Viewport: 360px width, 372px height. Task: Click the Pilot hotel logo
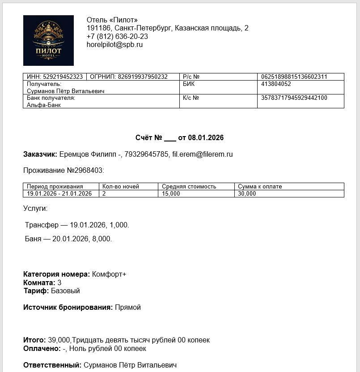48,40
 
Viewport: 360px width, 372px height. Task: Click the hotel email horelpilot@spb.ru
114,45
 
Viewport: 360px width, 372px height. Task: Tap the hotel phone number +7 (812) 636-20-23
117,36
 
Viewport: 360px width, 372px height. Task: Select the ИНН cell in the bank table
55,77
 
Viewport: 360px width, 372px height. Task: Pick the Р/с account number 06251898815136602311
294,77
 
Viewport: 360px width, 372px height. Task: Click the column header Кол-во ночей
121,186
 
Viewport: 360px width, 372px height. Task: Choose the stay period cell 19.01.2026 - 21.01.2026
59,193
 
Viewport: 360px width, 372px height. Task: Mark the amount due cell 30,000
247,193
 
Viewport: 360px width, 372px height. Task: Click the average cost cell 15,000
171,193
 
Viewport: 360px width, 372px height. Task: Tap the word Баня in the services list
34,239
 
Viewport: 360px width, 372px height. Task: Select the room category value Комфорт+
109,274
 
